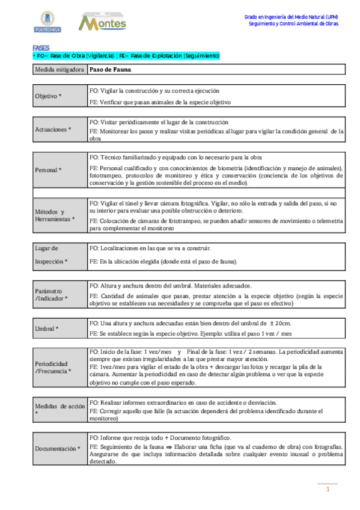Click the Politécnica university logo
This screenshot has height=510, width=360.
pos(46,22)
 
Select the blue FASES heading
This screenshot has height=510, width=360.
pos(41,48)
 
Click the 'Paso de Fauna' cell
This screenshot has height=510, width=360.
pos(106,69)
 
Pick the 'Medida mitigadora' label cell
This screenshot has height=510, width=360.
pos(59,69)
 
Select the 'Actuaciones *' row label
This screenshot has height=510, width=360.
pos(53,129)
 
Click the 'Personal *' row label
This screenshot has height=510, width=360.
pos(49,170)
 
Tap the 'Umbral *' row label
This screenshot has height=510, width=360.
pos(46,328)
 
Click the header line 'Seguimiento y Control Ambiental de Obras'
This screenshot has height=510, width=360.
pos(294,24)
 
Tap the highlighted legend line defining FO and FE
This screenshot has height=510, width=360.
pos(127,55)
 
